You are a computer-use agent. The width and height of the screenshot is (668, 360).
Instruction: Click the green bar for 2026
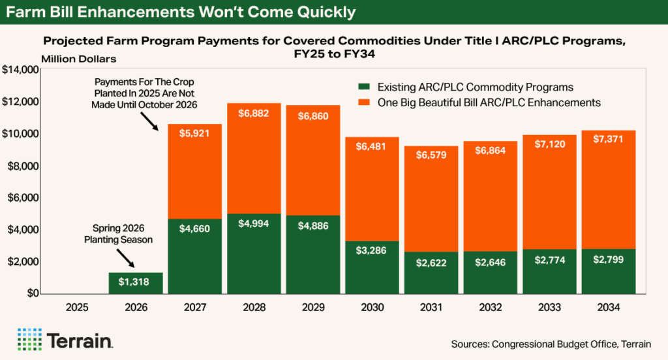[x=135, y=283]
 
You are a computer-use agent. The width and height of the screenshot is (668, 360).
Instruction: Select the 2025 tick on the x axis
[x=76, y=307]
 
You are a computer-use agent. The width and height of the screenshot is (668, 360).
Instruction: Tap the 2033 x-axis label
[x=549, y=307]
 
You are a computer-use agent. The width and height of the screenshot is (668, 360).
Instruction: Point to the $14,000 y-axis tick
[x=21, y=70]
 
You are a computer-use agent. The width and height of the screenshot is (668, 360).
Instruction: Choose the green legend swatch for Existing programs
[x=363, y=87]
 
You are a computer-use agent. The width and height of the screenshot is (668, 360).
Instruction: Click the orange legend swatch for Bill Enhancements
[x=363, y=103]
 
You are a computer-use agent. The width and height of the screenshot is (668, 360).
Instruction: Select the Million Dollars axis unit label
[x=78, y=59]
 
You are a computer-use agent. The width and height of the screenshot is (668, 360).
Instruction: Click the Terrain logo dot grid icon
[x=29, y=339]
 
